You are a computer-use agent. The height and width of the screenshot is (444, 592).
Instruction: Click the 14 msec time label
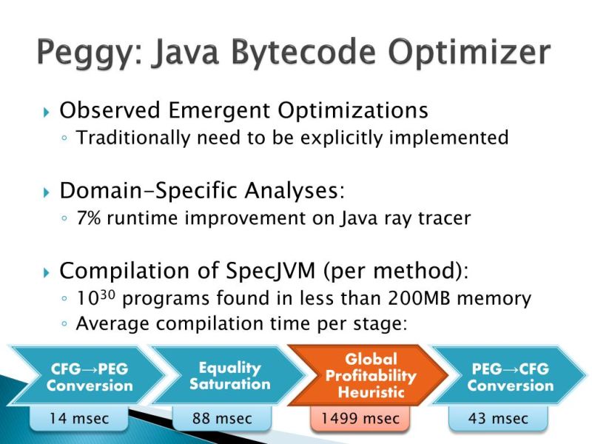click(x=78, y=419)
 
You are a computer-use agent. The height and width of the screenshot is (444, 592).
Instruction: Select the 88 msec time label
click(x=222, y=419)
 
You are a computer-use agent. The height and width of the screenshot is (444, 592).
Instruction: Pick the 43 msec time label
click(x=498, y=419)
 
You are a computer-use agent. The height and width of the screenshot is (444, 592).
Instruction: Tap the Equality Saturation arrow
click(x=229, y=376)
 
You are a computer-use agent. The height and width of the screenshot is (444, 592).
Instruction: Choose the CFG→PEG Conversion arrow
click(x=89, y=376)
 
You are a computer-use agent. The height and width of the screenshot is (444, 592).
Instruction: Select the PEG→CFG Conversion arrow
click(x=510, y=376)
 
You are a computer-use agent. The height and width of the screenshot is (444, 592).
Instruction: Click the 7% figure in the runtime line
click(x=90, y=220)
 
